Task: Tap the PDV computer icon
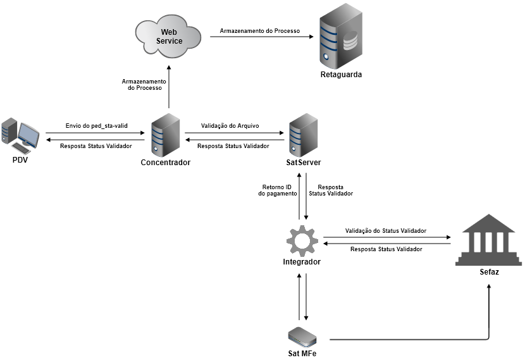click(x=20, y=135)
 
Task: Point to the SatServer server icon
click(x=303, y=135)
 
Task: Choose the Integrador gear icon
click(x=301, y=240)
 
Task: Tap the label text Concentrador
click(x=166, y=163)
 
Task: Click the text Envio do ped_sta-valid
click(x=96, y=126)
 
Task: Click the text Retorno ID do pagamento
click(x=277, y=190)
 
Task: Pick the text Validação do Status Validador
click(x=385, y=231)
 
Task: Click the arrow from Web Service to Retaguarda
click(x=262, y=37)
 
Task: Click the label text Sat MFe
click(x=302, y=354)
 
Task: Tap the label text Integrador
click(x=301, y=262)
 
